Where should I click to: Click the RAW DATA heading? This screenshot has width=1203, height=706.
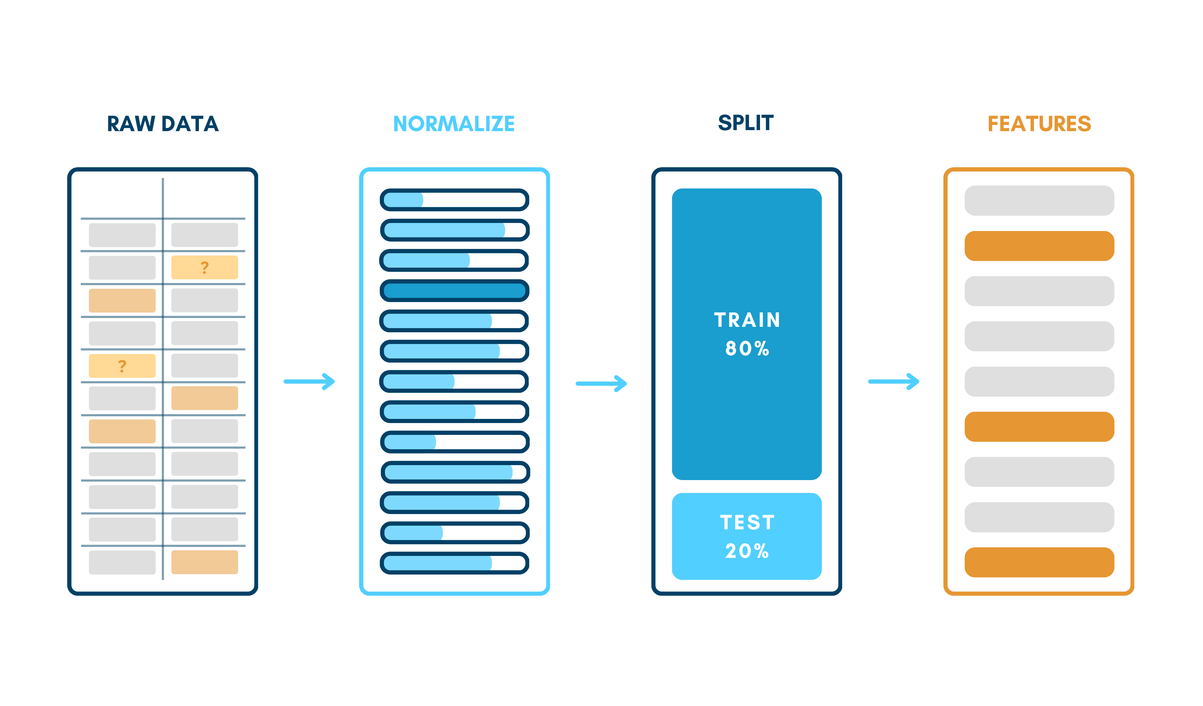click(x=163, y=124)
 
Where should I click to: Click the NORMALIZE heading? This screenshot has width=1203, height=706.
click(x=454, y=124)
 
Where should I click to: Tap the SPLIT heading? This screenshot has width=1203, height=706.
click(x=746, y=123)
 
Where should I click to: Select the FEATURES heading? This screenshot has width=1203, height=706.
click(x=1039, y=124)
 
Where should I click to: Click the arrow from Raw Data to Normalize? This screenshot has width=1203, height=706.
click(x=309, y=381)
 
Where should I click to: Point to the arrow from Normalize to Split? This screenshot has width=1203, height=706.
click(x=601, y=383)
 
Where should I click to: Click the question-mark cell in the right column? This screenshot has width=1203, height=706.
click(x=204, y=267)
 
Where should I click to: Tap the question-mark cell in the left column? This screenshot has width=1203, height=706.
click(x=122, y=366)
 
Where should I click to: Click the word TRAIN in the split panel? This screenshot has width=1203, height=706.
click(x=747, y=320)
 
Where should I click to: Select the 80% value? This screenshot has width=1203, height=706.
click(x=747, y=348)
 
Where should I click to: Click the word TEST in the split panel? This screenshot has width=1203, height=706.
click(x=747, y=522)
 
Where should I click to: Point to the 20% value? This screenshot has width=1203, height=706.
click(x=747, y=551)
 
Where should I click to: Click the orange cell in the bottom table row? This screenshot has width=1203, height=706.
click(x=204, y=562)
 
